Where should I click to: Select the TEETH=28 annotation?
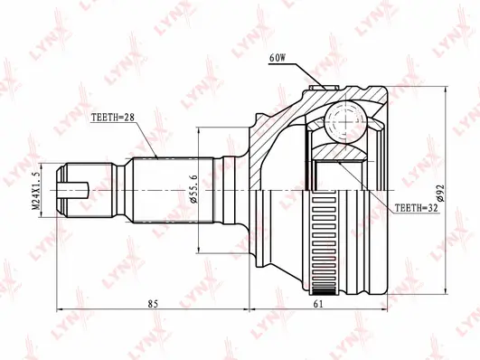click(113, 118)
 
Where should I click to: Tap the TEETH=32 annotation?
click(419, 208)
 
